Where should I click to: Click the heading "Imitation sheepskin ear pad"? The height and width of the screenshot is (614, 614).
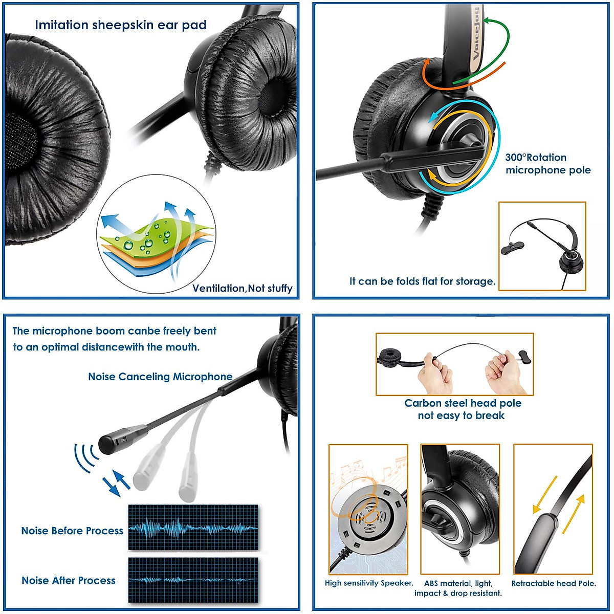121,25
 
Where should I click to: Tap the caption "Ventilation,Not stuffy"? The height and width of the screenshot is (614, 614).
242,288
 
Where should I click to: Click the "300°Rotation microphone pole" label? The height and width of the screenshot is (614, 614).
547,164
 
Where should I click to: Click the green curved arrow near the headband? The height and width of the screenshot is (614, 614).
499,41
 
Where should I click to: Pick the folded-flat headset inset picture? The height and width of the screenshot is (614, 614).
542,246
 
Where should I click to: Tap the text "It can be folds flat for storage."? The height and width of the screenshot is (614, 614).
422,281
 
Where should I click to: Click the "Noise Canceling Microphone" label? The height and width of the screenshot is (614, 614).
160,377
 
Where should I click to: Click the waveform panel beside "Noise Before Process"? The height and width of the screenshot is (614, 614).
193,528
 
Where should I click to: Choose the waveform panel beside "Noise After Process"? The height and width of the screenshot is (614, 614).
193,580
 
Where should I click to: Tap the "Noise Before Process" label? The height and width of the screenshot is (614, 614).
72,531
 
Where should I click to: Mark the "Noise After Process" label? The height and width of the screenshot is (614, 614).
69,580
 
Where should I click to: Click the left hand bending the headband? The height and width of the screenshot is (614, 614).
435,374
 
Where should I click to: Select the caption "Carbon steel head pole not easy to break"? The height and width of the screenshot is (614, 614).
462,409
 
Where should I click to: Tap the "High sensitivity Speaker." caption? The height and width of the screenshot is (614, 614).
369,583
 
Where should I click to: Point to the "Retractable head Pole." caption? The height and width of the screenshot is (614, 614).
554,583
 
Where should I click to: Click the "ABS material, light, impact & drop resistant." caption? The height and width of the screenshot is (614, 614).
458,588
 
